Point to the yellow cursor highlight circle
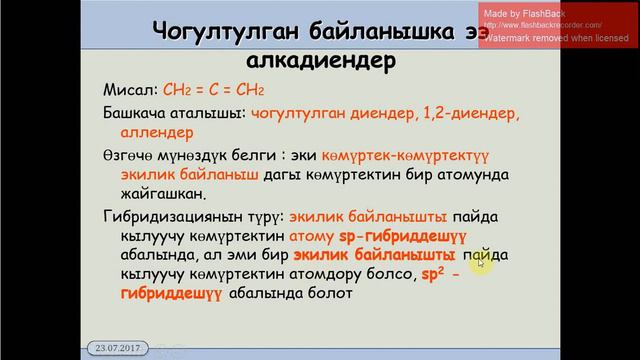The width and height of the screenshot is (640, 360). coord(482,258)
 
